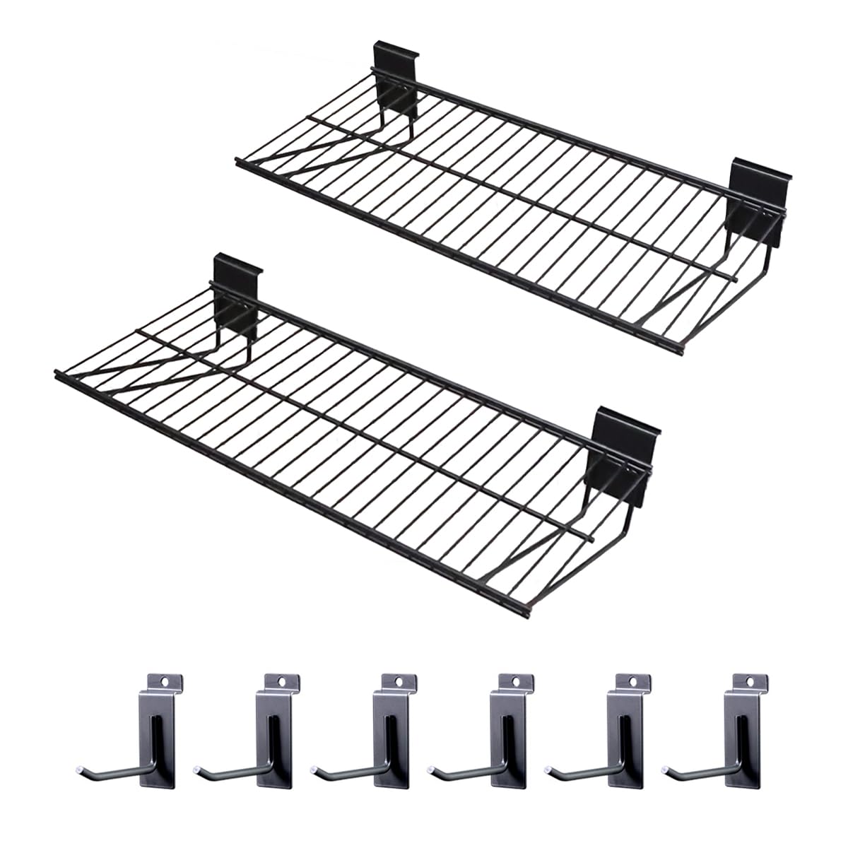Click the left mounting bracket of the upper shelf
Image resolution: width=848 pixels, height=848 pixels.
pyautogui.click(x=396, y=81)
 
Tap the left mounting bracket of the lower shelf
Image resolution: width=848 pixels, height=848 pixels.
pyautogui.click(x=237, y=286)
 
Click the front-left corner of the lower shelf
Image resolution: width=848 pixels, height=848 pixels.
pyautogui.click(x=57, y=371)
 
